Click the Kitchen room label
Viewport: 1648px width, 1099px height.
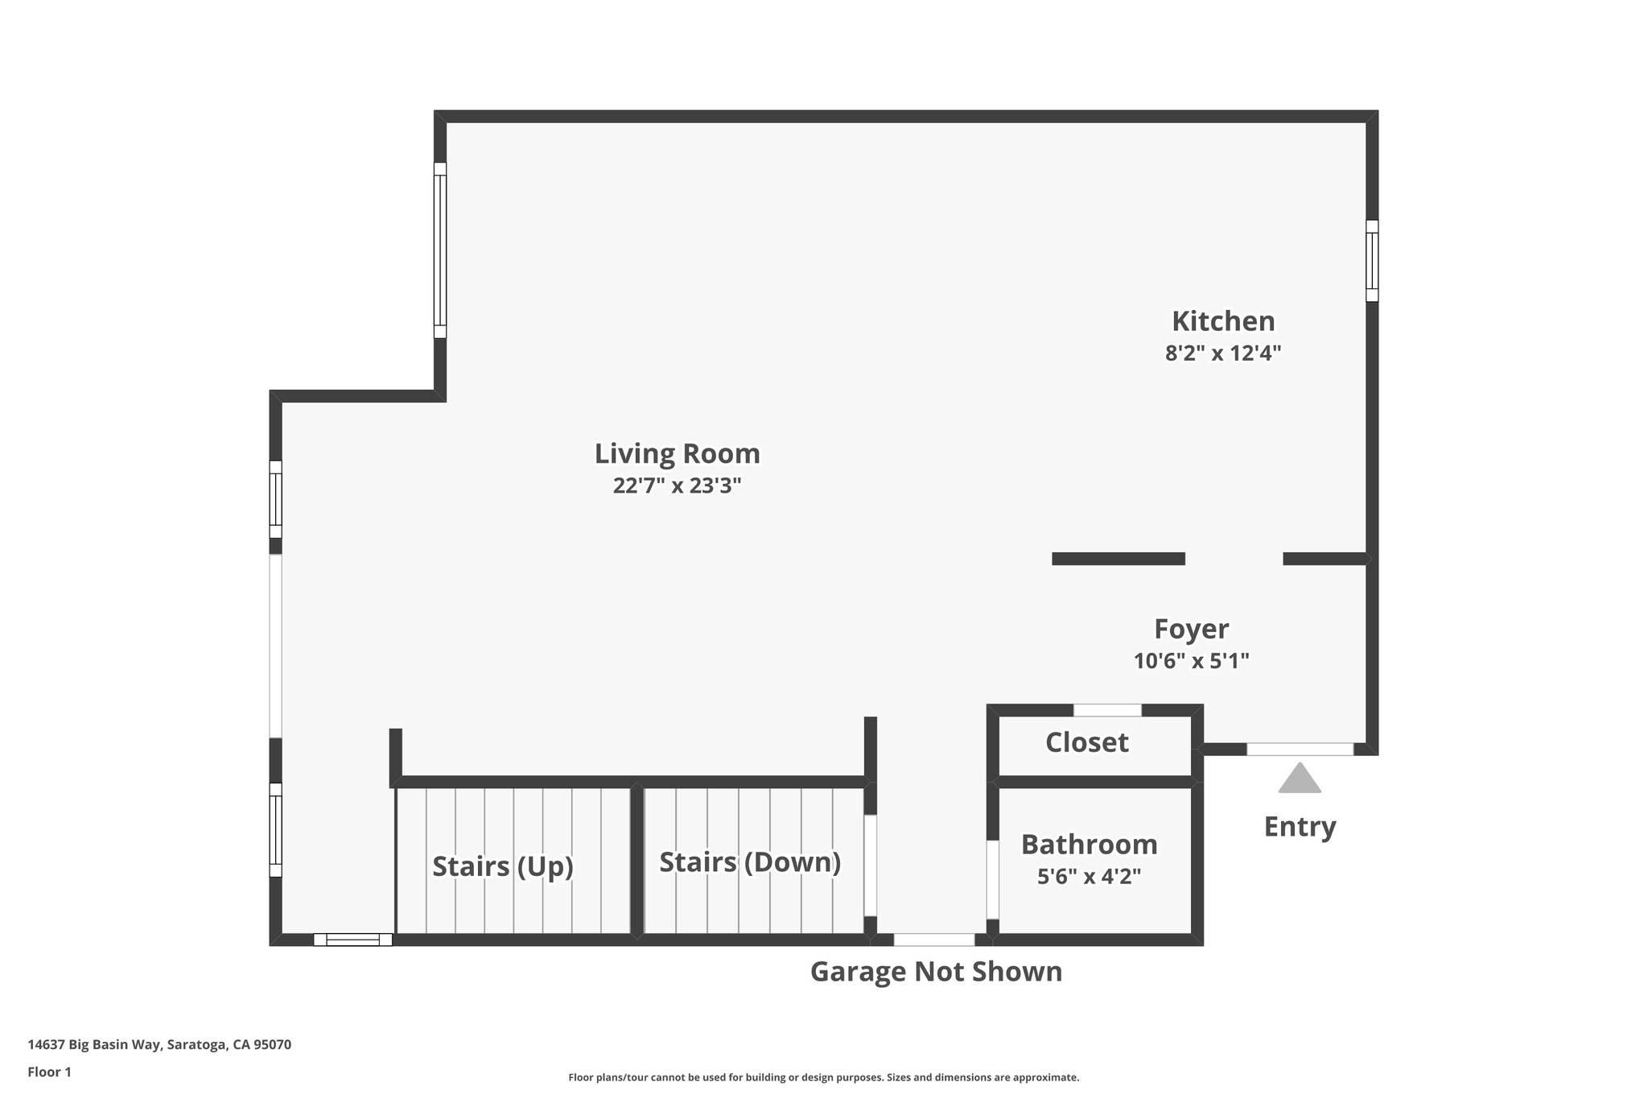point(1222,321)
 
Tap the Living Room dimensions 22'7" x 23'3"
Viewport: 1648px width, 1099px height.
point(677,486)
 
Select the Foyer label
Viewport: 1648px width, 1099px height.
point(1191,629)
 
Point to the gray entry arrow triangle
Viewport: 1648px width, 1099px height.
point(1300,780)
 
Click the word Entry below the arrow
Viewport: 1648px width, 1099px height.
point(1300,827)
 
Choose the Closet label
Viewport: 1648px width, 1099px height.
point(1086,742)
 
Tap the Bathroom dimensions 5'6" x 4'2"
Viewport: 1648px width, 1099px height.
point(1089,876)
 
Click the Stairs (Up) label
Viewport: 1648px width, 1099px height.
point(503,866)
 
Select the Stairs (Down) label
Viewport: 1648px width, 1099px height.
point(750,862)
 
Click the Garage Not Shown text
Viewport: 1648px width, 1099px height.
point(936,972)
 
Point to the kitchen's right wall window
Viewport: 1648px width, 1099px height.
point(1372,261)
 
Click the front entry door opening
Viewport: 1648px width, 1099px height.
point(1300,750)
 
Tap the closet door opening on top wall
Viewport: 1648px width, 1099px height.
point(1107,710)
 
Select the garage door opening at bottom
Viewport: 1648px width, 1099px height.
point(933,940)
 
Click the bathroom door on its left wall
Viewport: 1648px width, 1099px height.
point(993,879)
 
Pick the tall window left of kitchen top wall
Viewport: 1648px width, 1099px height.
point(440,250)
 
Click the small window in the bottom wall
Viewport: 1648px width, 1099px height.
point(352,940)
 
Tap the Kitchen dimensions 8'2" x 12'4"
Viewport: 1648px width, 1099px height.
point(1222,353)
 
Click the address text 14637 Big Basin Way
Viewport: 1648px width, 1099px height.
point(159,1045)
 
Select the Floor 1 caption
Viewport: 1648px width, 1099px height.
point(50,1072)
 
